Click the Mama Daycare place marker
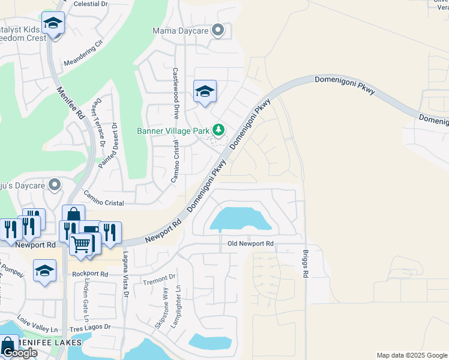click(218, 30)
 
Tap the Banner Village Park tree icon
click(219, 130)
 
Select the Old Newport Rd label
click(250, 244)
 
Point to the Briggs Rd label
click(306, 263)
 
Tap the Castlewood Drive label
click(176, 92)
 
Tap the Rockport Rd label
click(89, 274)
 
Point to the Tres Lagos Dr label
click(91, 327)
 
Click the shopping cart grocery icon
click(81, 244)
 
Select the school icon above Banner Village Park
click(204, 91)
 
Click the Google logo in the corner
click(19, 353)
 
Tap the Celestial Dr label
click(89, 4)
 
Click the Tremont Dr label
click(158, 280)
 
